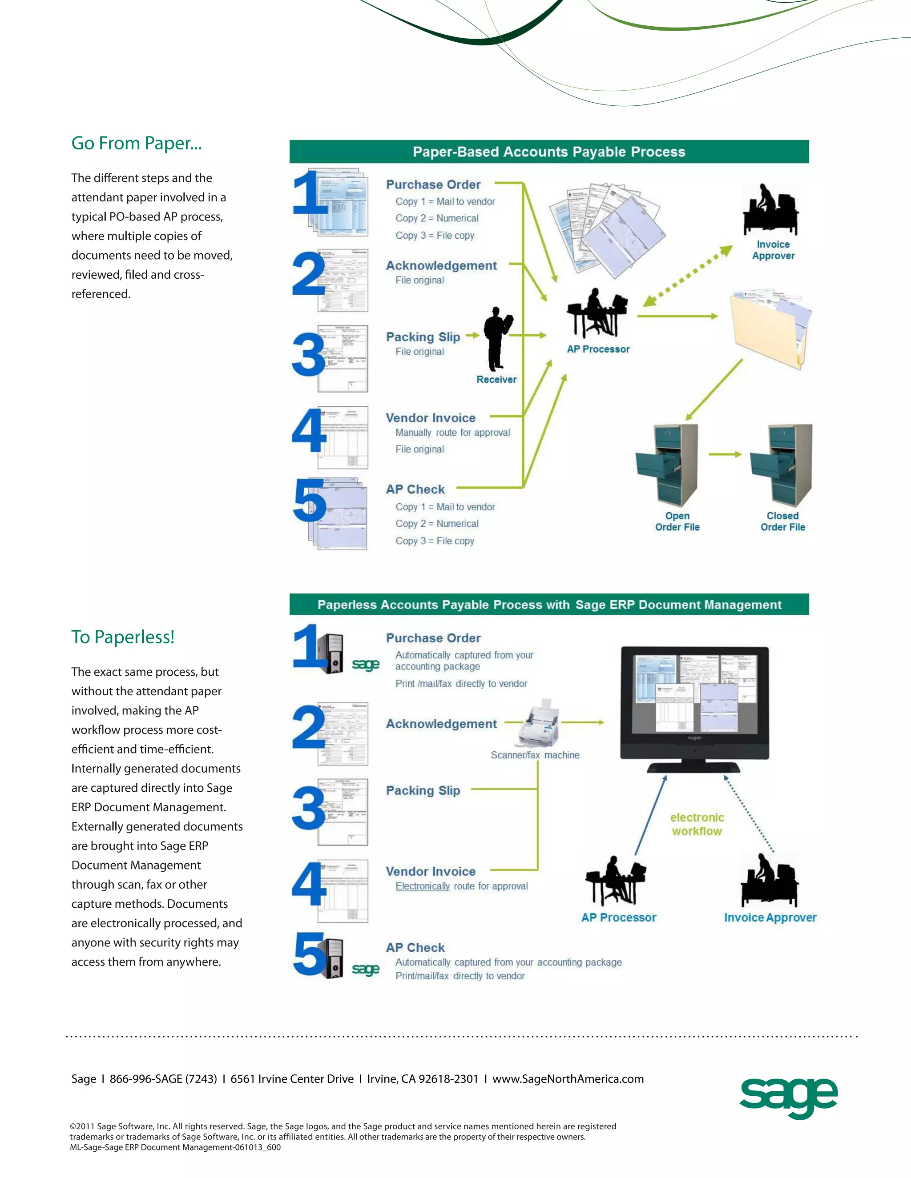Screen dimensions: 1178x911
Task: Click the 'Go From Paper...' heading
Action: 136,144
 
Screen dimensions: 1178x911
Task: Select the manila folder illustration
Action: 770,329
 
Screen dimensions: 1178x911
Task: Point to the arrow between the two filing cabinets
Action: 725,454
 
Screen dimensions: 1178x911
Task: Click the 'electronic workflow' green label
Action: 697,824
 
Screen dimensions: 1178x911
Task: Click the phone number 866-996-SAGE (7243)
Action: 163,1079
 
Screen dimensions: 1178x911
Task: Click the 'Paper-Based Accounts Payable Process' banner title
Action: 549,152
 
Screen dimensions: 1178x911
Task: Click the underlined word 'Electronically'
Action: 422,886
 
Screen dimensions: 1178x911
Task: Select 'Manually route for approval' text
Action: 452,433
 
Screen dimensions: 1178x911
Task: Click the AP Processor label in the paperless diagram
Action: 618,918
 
